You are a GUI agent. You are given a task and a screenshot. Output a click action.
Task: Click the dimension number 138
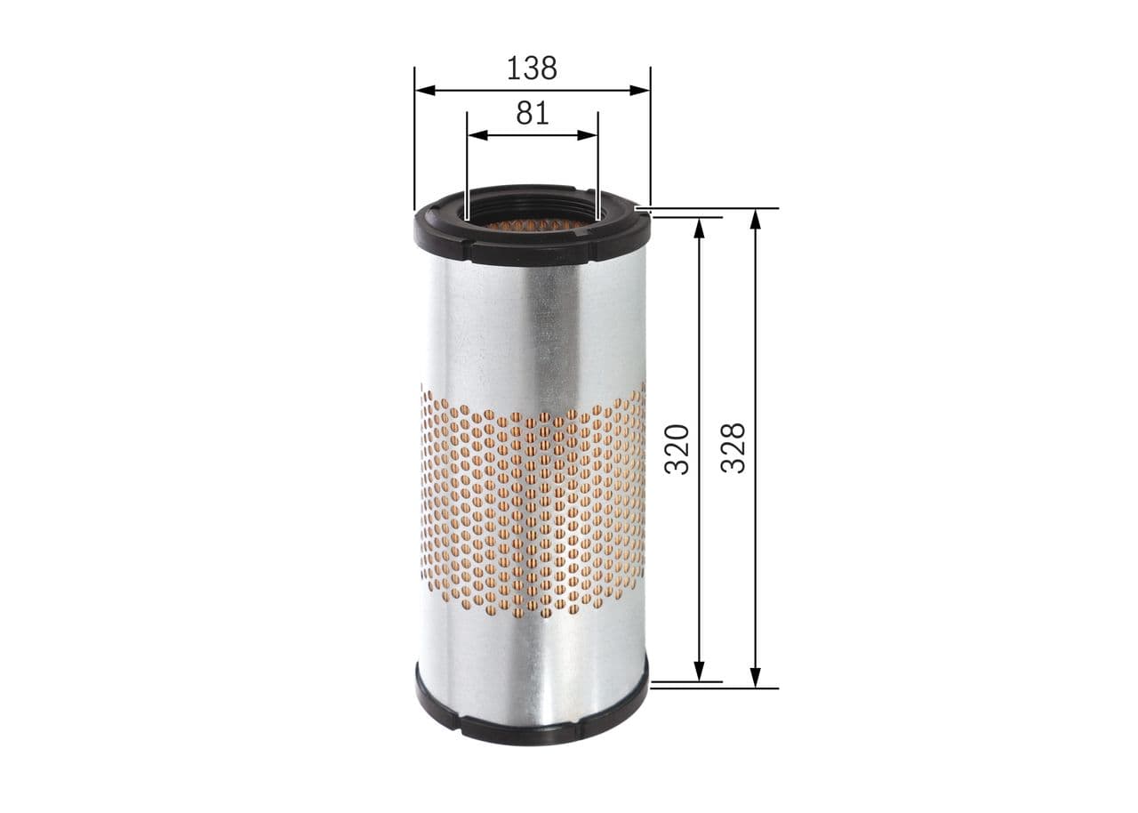tap(532, 68)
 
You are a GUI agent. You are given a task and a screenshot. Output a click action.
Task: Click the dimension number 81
tap(532, 114)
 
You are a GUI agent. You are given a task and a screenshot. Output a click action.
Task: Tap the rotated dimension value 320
tap(677, 448)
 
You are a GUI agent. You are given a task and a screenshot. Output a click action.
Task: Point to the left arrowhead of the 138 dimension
tap(423, 90)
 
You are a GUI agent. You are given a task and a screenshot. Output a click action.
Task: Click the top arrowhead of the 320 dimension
tap(700, 224)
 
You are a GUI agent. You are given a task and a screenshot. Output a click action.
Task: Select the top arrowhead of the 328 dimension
tap(755, 218)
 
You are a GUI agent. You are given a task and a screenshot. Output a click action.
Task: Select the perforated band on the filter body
tap(532, 507)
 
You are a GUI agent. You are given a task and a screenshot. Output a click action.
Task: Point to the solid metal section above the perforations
tap(532, 329)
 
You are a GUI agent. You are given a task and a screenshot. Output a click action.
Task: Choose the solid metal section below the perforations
tap(532, 658)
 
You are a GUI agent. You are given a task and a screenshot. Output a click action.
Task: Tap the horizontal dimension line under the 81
tap(532, 135)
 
